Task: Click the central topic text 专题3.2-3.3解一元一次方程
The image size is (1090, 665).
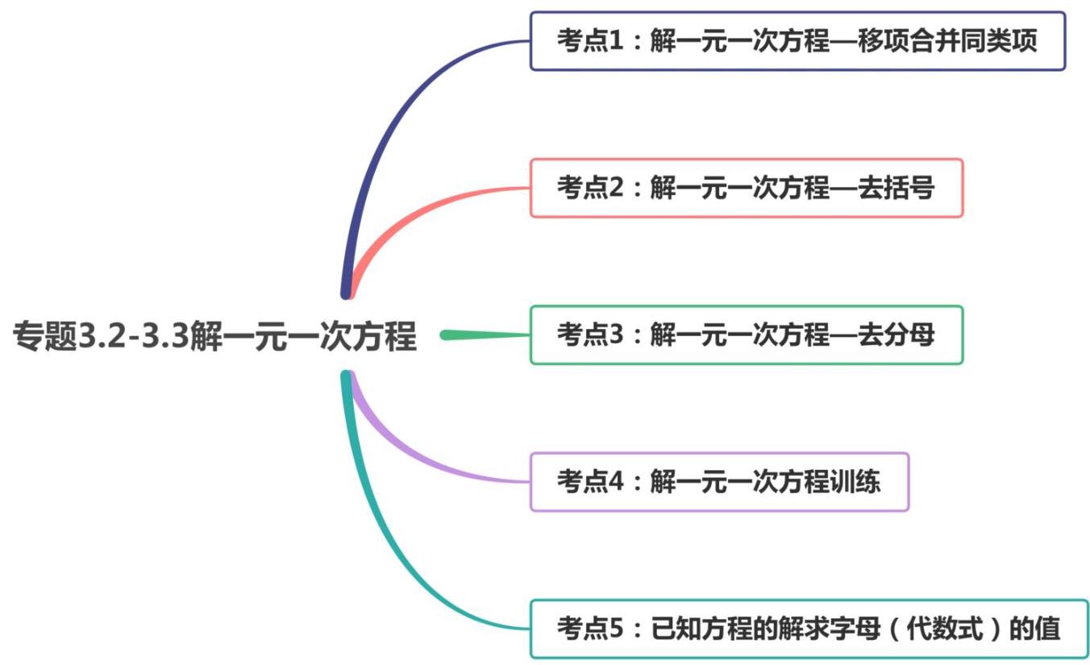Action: (214, 335)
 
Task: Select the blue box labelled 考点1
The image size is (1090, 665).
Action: (797, 41)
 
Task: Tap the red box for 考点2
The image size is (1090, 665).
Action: (746, 188)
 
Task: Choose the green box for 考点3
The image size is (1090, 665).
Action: (746, 335)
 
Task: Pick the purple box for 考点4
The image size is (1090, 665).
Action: (719, 482)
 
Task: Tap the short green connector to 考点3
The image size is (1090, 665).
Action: (484, 335)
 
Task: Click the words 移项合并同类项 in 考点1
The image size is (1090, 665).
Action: (948, 41)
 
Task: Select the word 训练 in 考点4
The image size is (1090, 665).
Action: (856, 482)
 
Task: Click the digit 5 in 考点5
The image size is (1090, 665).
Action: (617, 629)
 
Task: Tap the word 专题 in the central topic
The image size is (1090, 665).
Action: (44, 336)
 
